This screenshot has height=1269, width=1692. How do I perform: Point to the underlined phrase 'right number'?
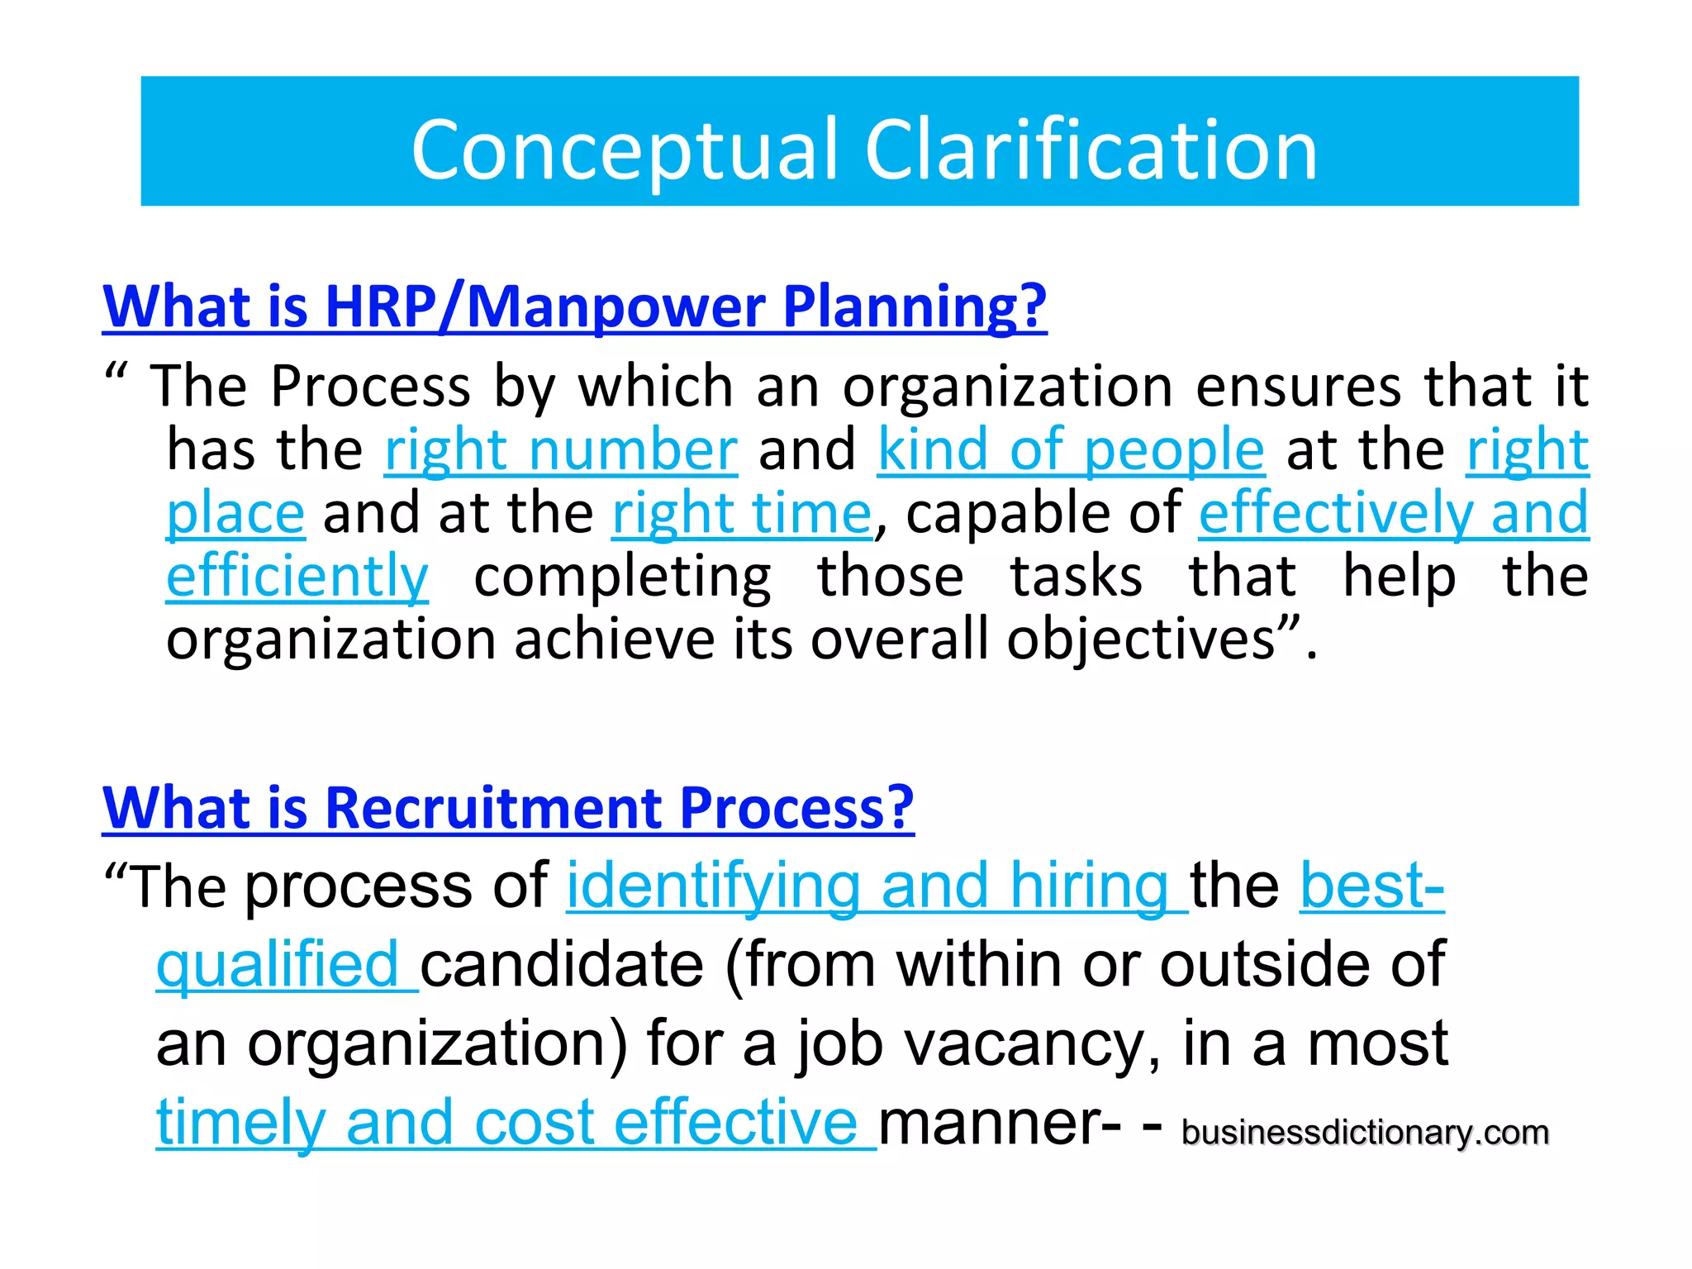[561, 450]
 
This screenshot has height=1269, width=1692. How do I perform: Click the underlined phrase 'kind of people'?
[1071, 450]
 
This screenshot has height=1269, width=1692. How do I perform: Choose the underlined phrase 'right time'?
[741, 514]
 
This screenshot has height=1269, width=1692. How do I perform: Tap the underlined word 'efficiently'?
[297, 577]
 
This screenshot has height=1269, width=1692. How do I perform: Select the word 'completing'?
[623, 577]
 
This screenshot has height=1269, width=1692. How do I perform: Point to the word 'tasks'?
[1077, 577]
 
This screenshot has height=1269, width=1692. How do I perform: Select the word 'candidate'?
[562, 965]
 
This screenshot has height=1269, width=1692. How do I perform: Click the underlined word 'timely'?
[240, 1123]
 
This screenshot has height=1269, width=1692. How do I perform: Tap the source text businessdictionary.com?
[1365, 1133]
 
